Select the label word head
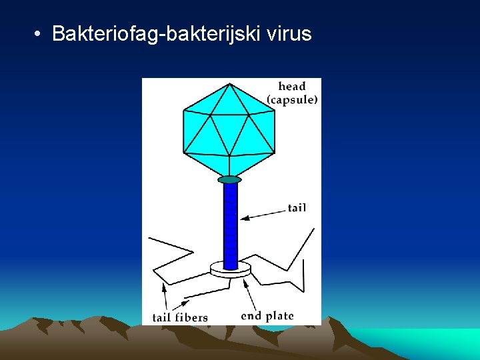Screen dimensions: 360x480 pos(291,87)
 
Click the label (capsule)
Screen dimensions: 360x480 pos(292,100)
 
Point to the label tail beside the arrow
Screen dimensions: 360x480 pos(297,208)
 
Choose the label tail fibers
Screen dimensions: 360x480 pos(180,317)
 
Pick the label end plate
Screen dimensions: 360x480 pos(267,316)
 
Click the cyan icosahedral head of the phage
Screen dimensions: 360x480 pos(229,130)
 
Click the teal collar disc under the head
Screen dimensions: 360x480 pos(229,179)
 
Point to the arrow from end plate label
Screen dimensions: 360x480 pos(250,293)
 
